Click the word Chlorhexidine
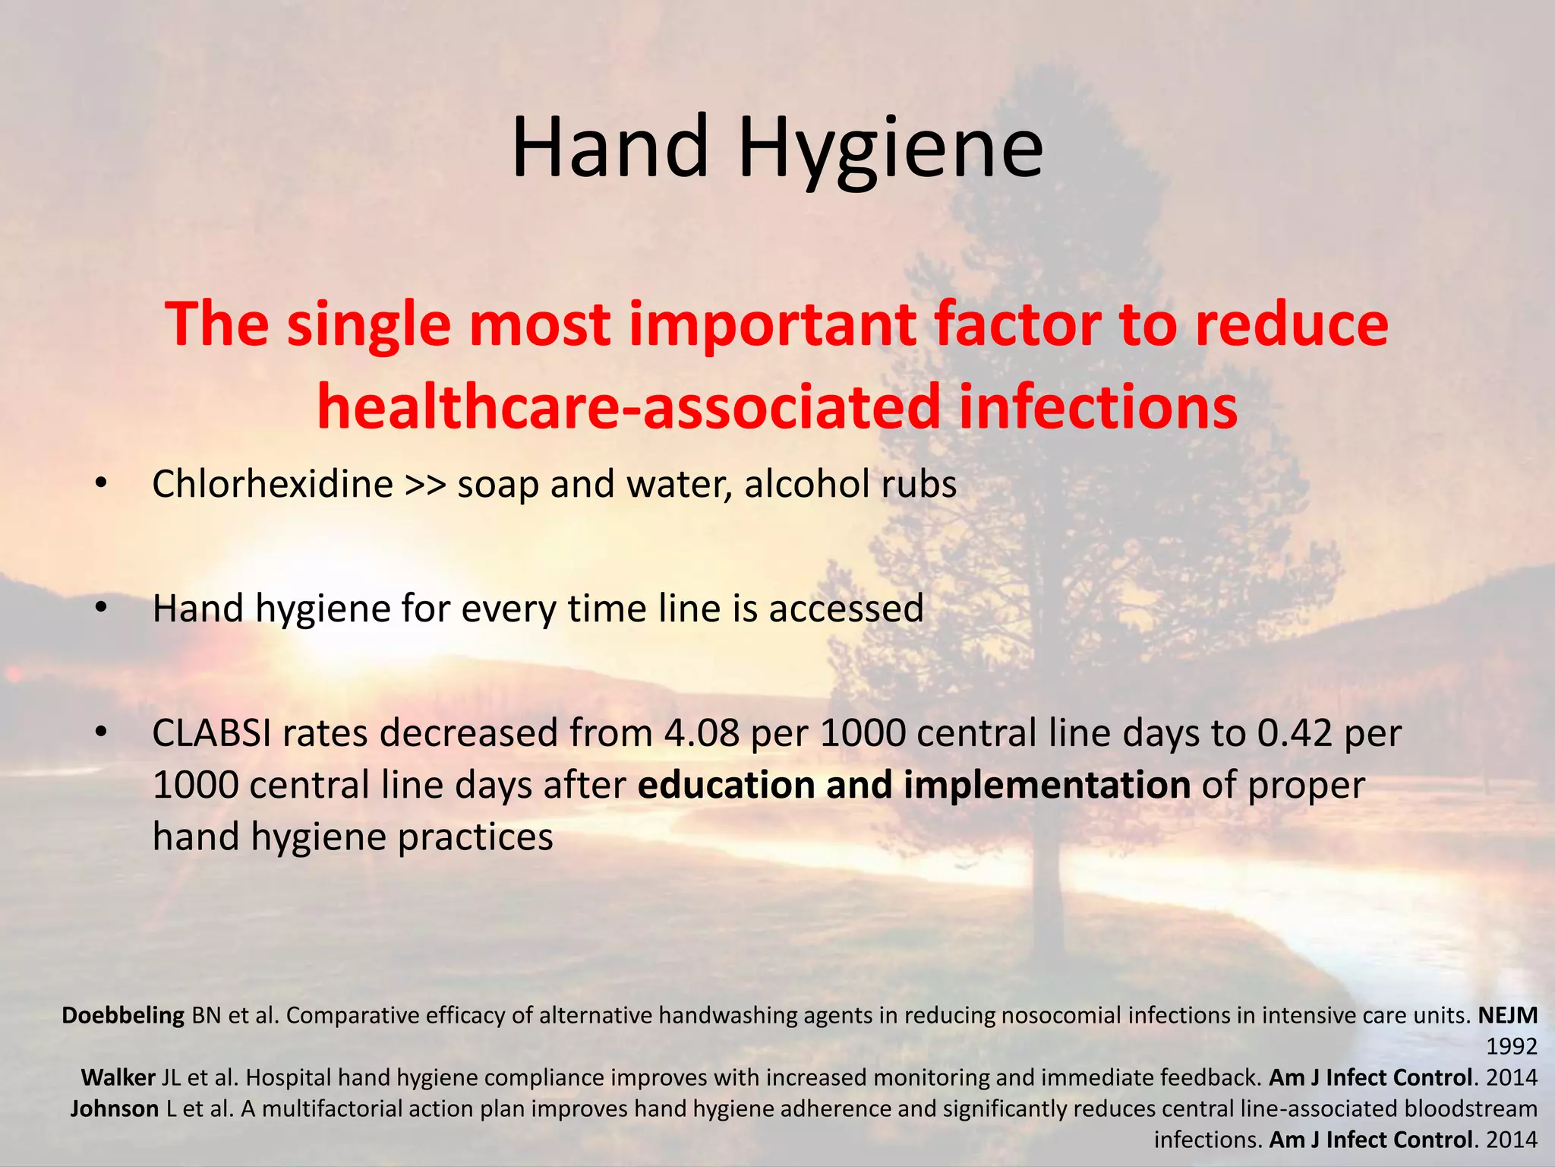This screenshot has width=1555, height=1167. coord(272,484)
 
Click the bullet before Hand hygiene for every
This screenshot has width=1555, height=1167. coord(101,609)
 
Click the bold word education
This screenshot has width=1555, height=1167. coord(726,786)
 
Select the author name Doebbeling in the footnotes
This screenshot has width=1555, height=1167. coord(123,1016)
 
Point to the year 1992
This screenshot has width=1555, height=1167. coord(1511,1047)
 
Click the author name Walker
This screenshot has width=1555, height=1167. coord(118,1078)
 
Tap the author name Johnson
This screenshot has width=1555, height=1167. coord(115,1109)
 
